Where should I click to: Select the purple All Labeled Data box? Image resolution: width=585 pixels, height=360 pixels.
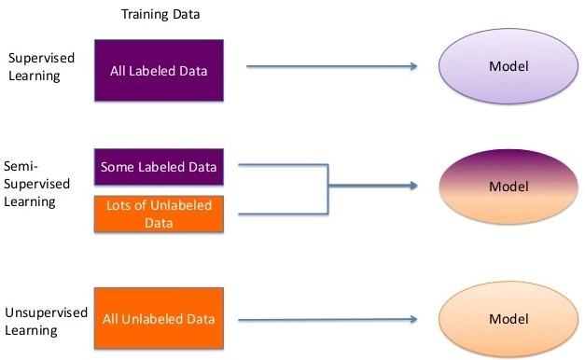[x=159, y=70]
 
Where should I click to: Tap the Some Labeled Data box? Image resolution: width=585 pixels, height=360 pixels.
[x=159, y=167]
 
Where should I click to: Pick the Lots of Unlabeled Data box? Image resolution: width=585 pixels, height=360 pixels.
[x=159, y=214]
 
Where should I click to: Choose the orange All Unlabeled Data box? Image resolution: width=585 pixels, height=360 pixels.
[x=159, y=319]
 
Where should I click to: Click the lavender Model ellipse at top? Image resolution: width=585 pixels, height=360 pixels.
[x=508, y=67]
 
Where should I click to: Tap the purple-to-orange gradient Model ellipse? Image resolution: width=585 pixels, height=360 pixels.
[x=508, y=187]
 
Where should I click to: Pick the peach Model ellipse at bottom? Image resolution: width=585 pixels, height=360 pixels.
[x=508, y=319]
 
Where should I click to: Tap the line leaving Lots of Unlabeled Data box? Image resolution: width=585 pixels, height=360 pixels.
[x=280, y=214]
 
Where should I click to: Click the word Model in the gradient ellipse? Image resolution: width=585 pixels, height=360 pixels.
[x=508, y=187]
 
